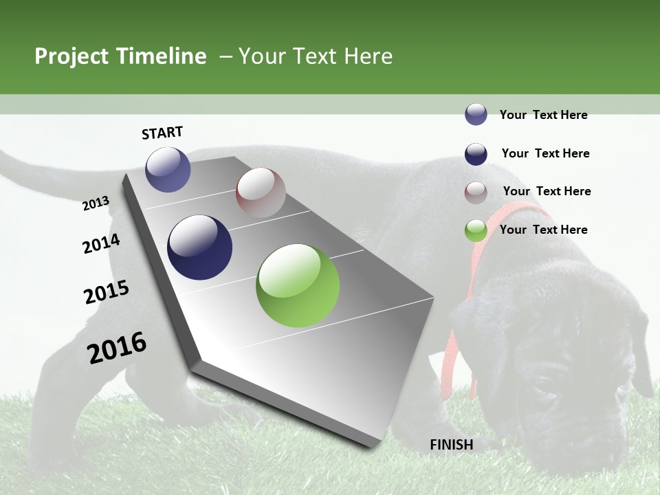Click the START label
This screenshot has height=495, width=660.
tap(162, 133)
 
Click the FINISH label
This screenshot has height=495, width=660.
tap(452, 445)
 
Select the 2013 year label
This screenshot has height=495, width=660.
tap(96, 203)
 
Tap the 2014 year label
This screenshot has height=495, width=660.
tap(101, 244)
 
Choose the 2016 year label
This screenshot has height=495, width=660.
tap(117, 348)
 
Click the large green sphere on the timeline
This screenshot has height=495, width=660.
tap(298, 285)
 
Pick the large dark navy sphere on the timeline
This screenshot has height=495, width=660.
tap(199, 247)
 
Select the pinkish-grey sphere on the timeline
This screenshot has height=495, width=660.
tap(261, 192)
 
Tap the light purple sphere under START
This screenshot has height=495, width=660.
tap(168, 169)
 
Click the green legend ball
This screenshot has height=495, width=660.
tap(476, 231)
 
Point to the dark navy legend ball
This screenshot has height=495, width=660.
tap(476, 154)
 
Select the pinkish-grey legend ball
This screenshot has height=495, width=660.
tap(476, 192)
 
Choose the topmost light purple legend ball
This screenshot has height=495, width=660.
tap(476, 115)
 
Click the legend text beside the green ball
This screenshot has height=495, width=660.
tap(543, 230)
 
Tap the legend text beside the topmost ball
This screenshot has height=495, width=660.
tap(543, 115)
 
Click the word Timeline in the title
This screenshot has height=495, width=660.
tap(162, 56)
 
